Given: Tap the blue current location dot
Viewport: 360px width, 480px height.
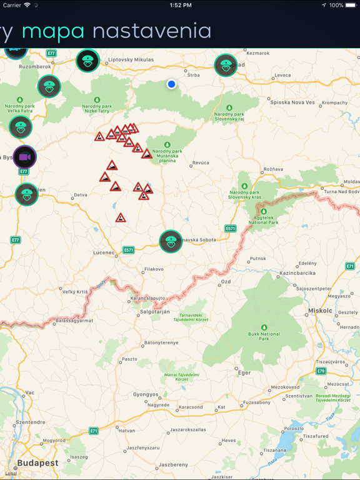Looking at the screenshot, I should point(171,84).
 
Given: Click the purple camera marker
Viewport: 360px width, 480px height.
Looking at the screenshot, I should point(24,156).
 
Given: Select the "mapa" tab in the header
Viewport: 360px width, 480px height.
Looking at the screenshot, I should point(53,31).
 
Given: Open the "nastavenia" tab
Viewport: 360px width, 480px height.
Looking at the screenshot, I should point(152,31).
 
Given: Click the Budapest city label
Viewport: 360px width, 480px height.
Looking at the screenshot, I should point(37,463).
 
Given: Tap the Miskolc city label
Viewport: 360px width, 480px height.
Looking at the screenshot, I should point(321,310).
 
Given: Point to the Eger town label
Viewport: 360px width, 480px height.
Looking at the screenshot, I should point(244,372).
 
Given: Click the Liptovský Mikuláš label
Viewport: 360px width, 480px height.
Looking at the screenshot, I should point(131,59).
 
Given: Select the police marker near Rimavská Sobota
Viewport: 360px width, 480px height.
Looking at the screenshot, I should point(171,241).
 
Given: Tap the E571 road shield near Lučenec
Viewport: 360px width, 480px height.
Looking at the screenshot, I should point(129,250).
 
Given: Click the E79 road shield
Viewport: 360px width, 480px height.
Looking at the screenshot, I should point(321,371).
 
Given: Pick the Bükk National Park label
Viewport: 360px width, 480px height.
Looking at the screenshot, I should point(264,336).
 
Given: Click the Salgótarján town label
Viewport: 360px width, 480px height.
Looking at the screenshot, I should point(155,311).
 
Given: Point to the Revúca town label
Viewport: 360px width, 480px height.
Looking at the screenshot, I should point(201,162).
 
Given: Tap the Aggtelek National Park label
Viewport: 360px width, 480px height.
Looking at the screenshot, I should point(263,219).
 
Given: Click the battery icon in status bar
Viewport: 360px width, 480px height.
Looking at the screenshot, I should point(351,5).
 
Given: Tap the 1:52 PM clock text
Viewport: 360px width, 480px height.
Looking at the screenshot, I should point(180,5).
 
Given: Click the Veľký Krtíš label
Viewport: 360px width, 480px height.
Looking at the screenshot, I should point(76,292).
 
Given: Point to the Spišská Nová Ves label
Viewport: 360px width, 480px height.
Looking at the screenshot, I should point(292,102).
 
